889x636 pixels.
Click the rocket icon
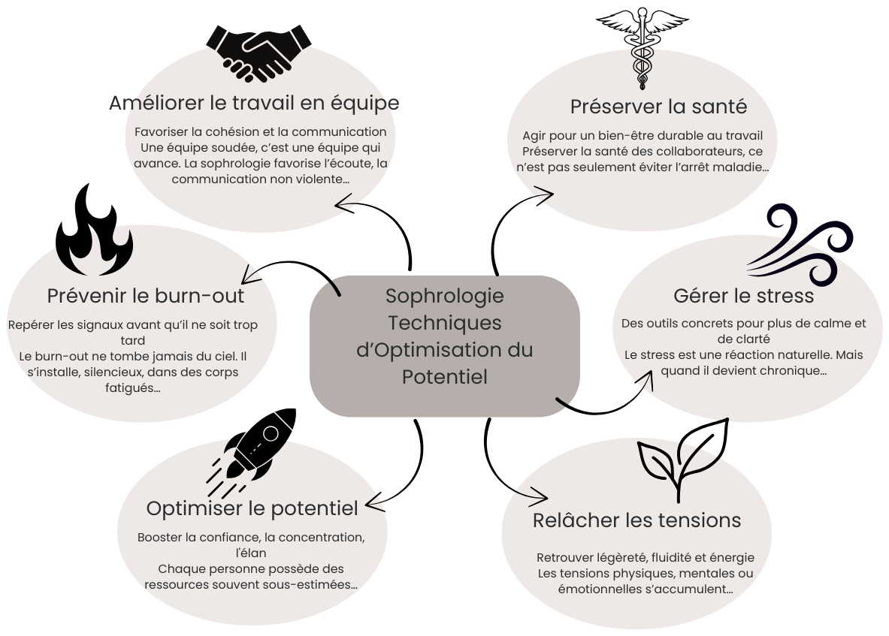(252, 446)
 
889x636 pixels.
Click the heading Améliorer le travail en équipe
(254, 102)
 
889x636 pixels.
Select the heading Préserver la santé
(658, 107)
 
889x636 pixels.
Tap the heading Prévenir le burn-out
(146, 295)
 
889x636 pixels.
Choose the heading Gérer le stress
(743, 295)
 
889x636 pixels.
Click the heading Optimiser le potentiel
(252, 508)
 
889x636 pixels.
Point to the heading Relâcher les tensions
(637, 520)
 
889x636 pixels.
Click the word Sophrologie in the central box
(445, 295)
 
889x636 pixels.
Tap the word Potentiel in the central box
(445, 376)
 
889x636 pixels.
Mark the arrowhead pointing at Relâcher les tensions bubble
(540, 496)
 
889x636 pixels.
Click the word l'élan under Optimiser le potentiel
(250, 553)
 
